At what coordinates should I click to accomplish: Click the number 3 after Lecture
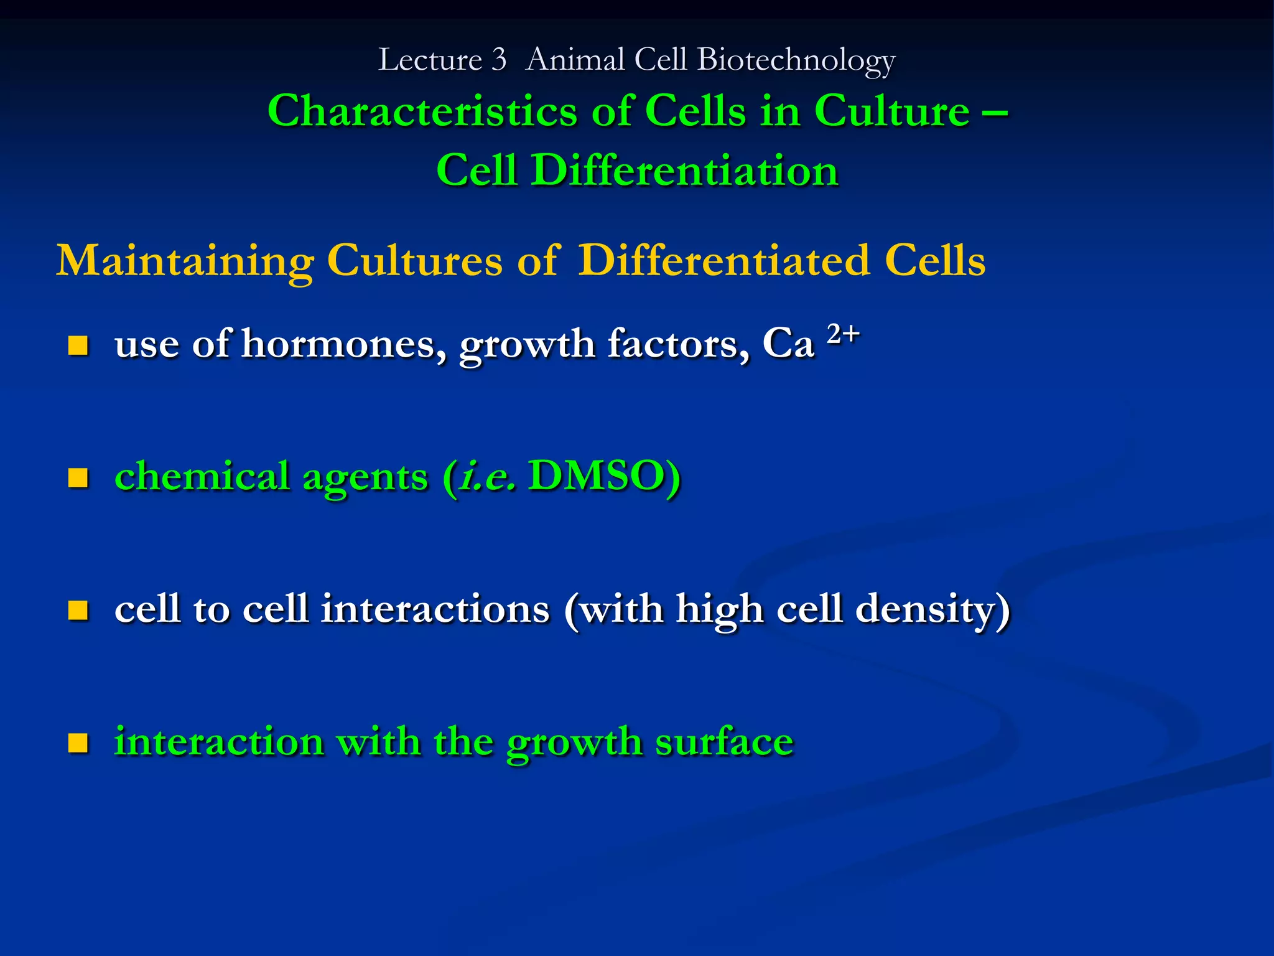pyautogui.click(x=498, y=60)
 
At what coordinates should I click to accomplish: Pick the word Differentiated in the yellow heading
pyautogui.click(x=723, y=260)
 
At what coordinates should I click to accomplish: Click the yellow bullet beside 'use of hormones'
pyautogui.click(x=78, y=345)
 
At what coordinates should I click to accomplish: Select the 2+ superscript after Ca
pyautogui.click(x=843, y=334)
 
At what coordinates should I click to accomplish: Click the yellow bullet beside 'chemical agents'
pyautogui.click(x=78, y=477)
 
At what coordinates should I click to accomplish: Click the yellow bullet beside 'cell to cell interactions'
pyautogui.click(x=78, y=610)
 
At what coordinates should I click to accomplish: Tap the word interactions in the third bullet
pyautogui.click(x=435, y=609)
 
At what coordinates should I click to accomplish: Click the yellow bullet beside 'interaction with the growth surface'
pyautogui.click(x=78, y=743)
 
